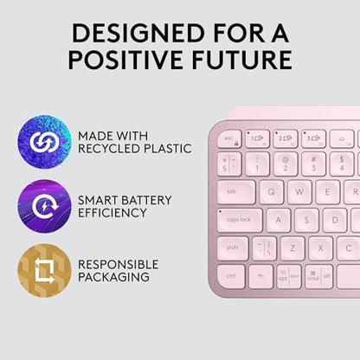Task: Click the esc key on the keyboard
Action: pos(231,138)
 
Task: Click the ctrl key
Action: pos(231,277)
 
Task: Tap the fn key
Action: pos(260,277)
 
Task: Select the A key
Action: pos(279,220)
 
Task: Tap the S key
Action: pos(307,220)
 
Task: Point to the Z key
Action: pos(292,248)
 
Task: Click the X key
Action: pos(321,248)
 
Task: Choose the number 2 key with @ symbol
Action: pos(286,163)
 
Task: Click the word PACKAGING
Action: pos(115,277)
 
